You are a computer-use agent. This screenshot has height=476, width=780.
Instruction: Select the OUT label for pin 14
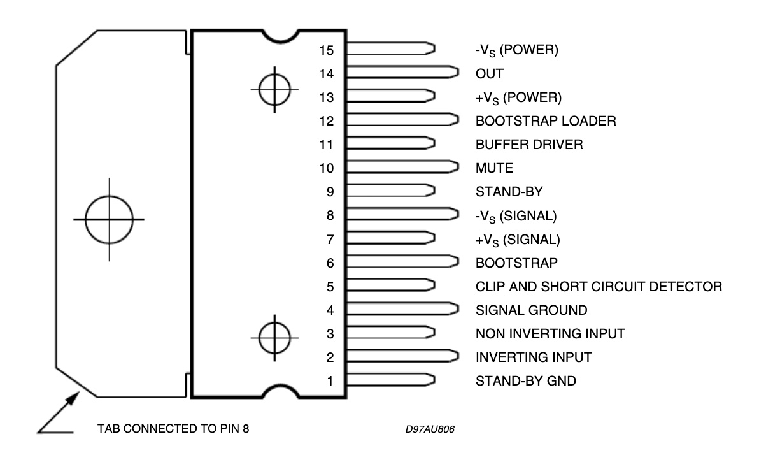coord(489,74)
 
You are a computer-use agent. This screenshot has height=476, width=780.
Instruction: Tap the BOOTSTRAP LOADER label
coord(546,121)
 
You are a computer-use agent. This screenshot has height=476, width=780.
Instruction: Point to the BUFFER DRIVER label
coord(529,145)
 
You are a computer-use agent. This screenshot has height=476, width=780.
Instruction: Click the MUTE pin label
coord(494,169)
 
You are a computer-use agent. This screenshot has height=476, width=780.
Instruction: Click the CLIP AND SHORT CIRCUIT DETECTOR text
coord(599,287)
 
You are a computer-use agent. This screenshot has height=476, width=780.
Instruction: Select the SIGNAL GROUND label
coord(531,310)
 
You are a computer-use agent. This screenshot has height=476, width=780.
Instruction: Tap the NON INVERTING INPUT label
coord(550,333)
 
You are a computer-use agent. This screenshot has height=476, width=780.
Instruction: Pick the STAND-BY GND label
coord(525,381)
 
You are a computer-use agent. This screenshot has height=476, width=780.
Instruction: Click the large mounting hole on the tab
coord(109,219)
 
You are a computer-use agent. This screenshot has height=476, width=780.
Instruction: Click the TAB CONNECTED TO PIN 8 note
coord(173,428)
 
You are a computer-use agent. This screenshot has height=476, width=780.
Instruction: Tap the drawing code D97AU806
coord(425,429)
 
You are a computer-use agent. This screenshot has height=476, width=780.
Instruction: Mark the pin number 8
coord(330,216)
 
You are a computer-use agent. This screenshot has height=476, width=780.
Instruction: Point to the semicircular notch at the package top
coord(275,35)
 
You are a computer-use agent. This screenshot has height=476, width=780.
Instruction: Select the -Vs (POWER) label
coord(516,50)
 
